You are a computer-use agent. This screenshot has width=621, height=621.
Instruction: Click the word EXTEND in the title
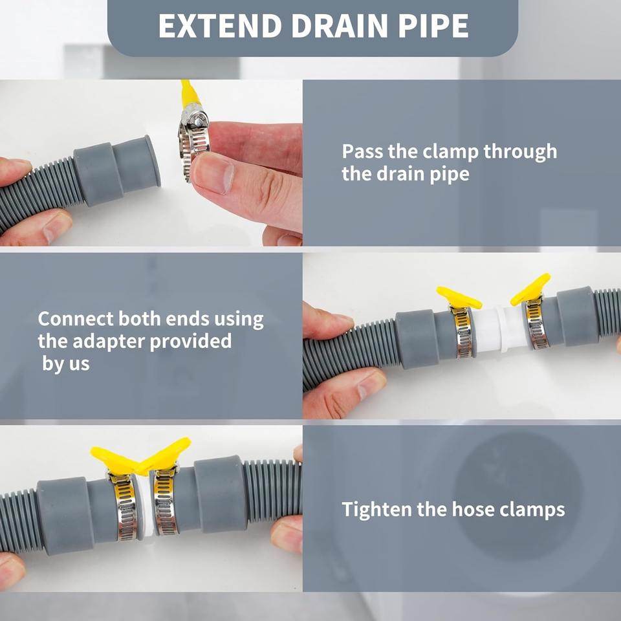220,26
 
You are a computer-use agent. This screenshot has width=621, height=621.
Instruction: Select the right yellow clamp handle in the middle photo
530,289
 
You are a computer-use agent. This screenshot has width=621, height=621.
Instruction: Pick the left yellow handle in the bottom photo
115,459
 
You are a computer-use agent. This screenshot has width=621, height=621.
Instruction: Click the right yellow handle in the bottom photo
166,453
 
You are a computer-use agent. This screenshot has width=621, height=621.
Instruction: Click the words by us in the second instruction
66,364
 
